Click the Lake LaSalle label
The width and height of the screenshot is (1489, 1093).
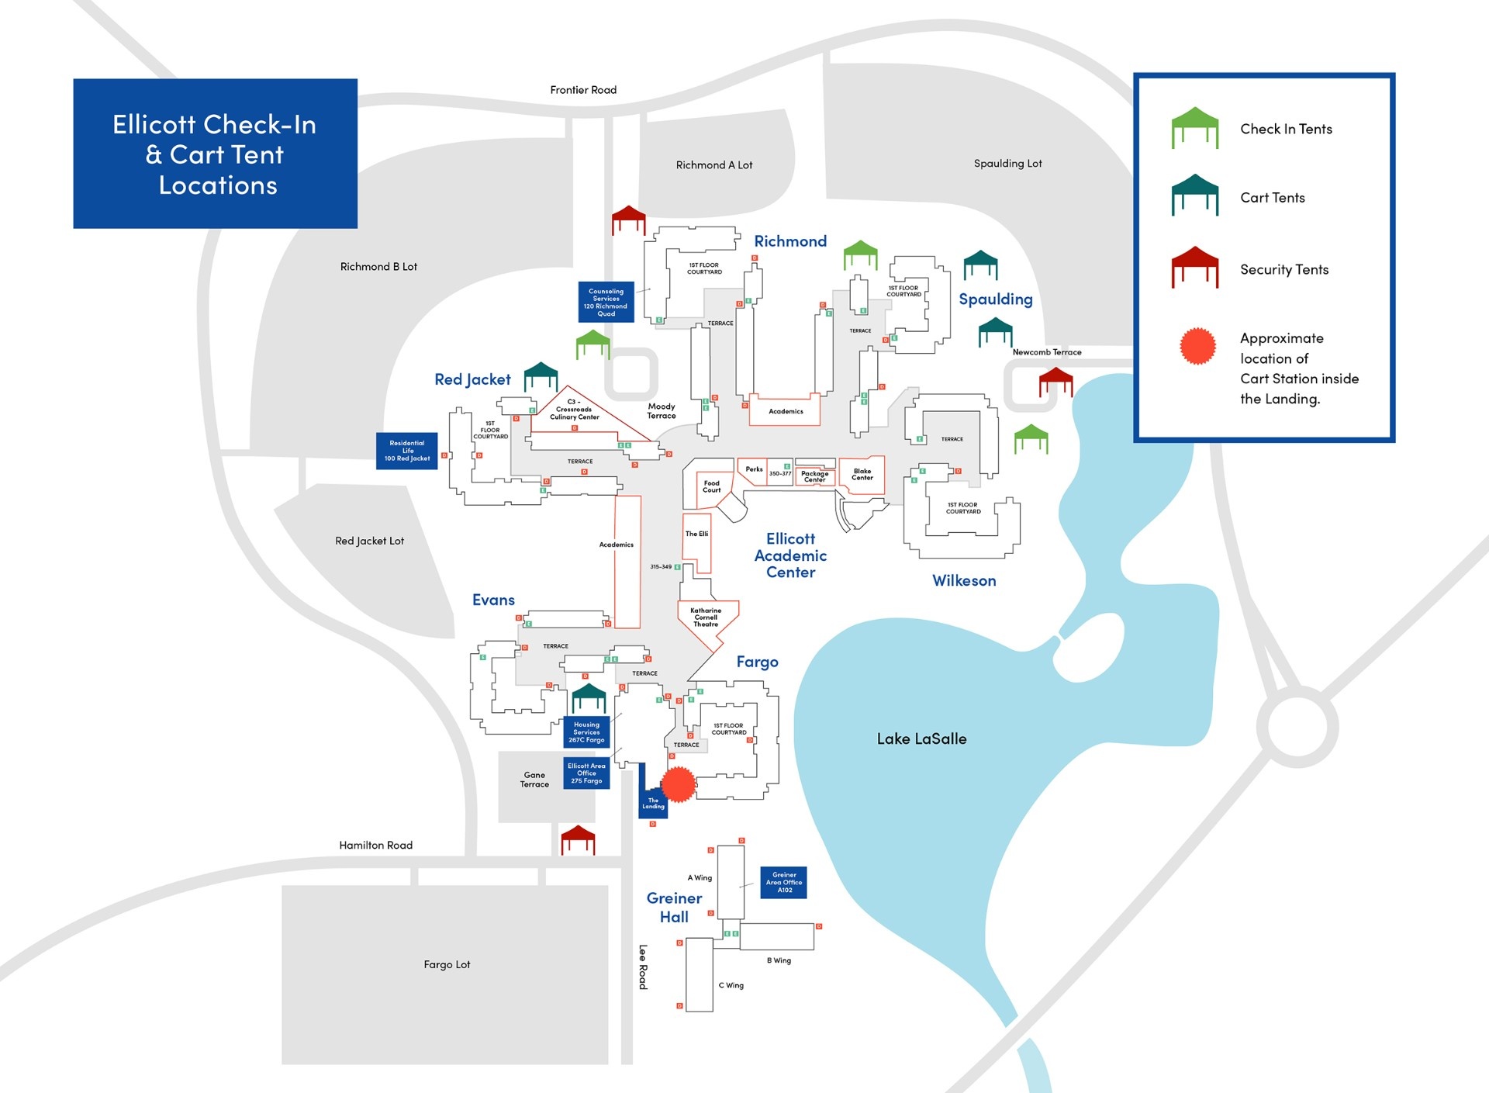click(921, 738)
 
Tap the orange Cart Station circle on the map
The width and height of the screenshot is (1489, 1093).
click(679, 783)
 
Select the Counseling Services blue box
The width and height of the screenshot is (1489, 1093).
click(606, 302)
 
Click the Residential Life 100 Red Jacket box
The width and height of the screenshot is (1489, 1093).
click(407, 451)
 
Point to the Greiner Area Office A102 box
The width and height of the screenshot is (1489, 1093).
click(784, 883)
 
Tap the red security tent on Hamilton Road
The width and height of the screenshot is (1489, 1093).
click(578, 839)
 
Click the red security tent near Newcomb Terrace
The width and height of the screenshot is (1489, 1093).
click(1055, 382)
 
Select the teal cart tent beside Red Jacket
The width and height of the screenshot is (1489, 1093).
click(541, 376)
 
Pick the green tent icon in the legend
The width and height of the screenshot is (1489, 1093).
click(1194, 127)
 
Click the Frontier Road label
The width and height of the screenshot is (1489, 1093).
click(583, 90)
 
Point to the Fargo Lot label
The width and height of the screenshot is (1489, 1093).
click(447, 964)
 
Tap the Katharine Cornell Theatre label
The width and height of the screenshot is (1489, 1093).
click(706, 617)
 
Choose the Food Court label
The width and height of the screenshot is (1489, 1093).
click(711, 486)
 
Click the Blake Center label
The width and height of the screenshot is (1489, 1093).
click(862, 474)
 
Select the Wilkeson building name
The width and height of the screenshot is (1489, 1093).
click(964, 580)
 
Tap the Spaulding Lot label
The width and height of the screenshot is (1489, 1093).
click(1007, 164)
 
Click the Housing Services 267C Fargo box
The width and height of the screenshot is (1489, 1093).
click(586, 732)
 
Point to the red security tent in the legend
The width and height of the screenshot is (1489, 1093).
click(1194, 268)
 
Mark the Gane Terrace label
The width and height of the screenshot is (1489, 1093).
click(534, 780)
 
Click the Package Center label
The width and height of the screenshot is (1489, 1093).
click(814, 476)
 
